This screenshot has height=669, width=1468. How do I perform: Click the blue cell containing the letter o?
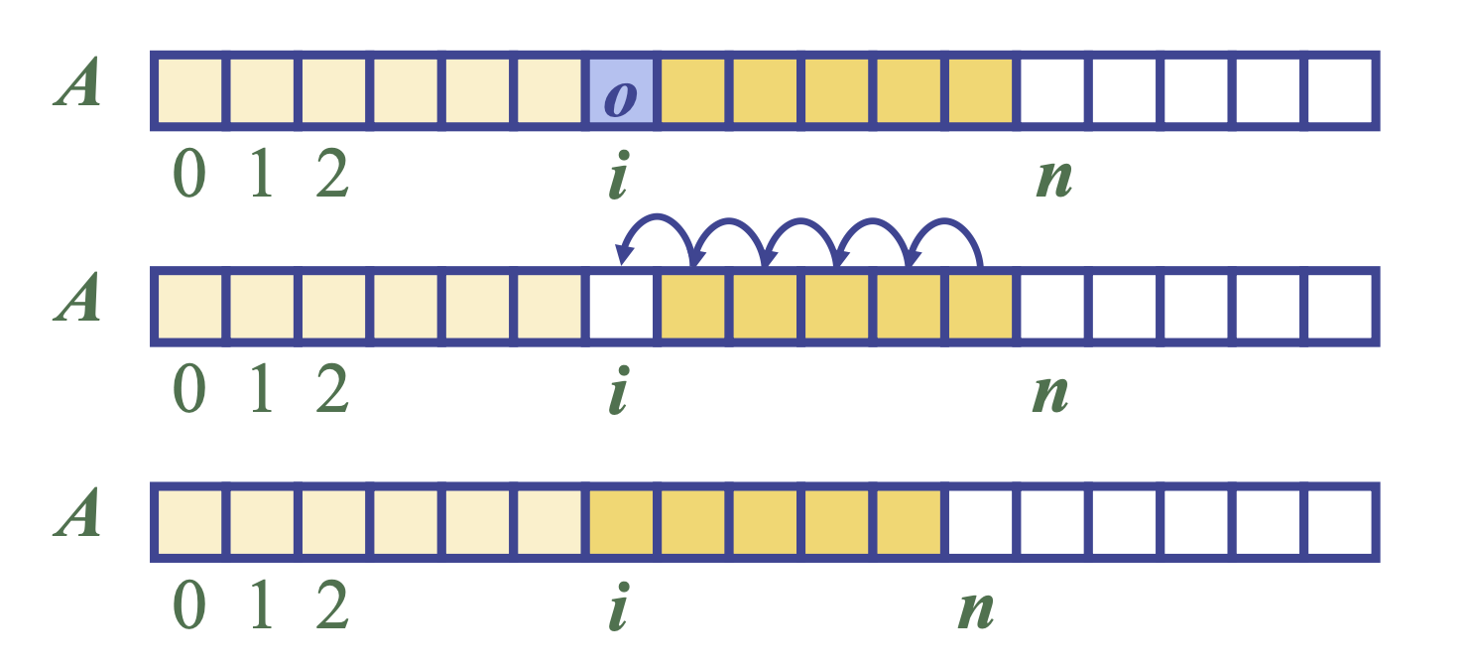621,92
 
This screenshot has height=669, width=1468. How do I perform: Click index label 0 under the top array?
188,179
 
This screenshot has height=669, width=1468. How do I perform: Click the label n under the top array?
1053,180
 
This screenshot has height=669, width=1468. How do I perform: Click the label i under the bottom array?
619,607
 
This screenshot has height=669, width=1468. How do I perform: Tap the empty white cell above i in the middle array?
621,307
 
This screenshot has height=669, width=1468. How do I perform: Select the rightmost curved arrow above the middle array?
946,234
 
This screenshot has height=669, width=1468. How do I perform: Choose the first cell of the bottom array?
189,522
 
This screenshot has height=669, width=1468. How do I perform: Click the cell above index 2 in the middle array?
334,307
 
